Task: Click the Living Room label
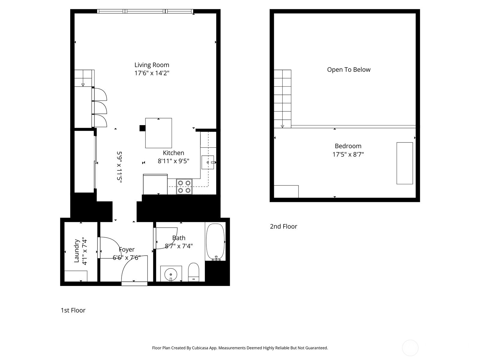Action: (151, 65)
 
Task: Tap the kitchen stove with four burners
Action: (184, 187)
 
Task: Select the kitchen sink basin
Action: (208, 162)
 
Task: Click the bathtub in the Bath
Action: (215, 242)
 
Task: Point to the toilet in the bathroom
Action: (193, 272)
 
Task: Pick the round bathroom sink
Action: (171, 274)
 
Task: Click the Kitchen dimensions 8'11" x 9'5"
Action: (173, 161)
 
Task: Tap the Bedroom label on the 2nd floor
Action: (348, 146)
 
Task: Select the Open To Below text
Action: (349, 70)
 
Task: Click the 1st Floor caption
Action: (73, 310)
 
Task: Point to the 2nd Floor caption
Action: (283, 226)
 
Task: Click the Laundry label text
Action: (76, 251)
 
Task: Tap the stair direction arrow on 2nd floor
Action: (282, 126)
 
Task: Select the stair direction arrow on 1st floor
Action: (83, 85)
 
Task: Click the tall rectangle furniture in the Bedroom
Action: (405, 163)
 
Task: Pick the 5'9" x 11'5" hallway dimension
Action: (119, 167)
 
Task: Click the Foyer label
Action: (127, 249)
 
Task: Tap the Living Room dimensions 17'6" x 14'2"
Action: (152, 73)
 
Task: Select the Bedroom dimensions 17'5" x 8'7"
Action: (348, 154)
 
